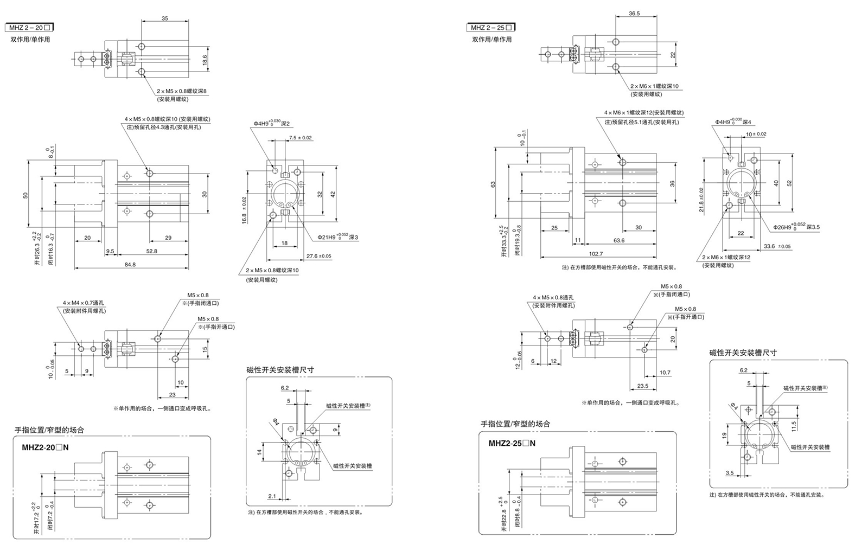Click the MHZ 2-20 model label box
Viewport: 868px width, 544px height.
coord(29,28)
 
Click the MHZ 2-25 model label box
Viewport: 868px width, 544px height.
coord(491,28)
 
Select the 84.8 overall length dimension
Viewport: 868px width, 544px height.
coord(130,265)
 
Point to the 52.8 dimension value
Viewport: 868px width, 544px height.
coord(151,251)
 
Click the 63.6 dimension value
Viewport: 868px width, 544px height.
coord(618,240)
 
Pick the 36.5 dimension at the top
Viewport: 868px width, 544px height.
coord(634,14)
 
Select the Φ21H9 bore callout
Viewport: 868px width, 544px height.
coord(339,236)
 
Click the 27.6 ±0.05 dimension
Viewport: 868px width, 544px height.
coord(319,256)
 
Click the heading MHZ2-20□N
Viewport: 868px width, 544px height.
coord(46,447)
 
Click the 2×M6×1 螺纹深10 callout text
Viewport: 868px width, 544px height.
coord(654,86)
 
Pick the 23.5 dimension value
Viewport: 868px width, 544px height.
coord(642,386)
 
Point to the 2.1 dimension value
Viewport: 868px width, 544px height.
coord(272,496)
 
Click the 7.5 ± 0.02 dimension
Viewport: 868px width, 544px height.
coord(301,138)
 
